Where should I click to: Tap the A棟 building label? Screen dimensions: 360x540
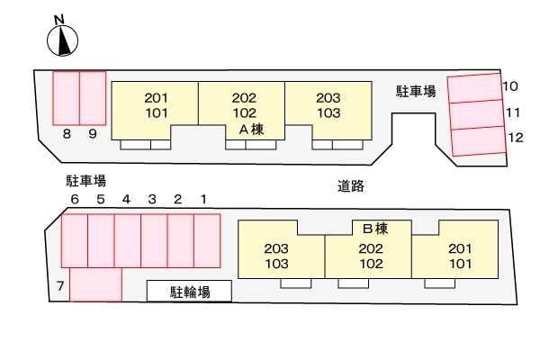tap(249, 130)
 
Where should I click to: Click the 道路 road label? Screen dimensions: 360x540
tap(351, 186)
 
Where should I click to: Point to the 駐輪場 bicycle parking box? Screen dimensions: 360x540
tap(190, 292)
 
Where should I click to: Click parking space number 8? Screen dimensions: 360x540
tap(67, 98)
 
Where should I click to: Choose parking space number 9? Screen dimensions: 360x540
tap(93, 98)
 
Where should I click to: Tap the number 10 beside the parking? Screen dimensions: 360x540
tap(510, 86)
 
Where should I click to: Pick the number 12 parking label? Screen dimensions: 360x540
tap(515, 138)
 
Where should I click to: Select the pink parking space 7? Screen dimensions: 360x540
tap(95, 284)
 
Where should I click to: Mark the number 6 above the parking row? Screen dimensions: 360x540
tap(75, 199)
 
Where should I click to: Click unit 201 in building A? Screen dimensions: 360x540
tap(157, 98)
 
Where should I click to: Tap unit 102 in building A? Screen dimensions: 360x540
tap(244, 113)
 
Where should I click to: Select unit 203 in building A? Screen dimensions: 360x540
tap(328, 98)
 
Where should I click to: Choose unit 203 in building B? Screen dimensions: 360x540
tap(277, 248)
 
